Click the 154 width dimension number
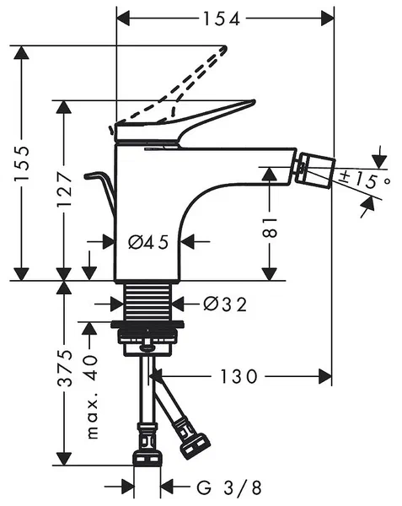(x=222, y=19)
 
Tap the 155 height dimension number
(x=22, y=163)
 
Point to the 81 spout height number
(x=270, y=227)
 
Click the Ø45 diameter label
(x=148, y=242)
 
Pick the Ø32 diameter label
(x=225, y=304)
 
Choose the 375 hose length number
(x=64, y=368)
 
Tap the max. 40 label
(x=92, y=396)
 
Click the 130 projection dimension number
(x=239, y=377)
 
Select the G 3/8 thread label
(x=229, y=487)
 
